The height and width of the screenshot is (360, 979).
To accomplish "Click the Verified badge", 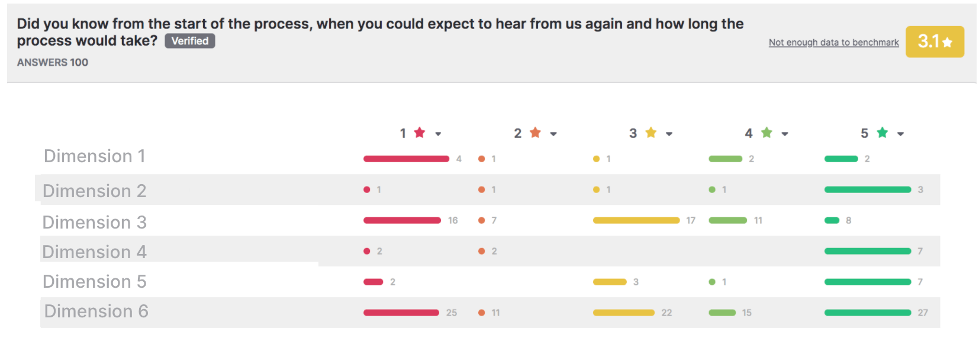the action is click(189, 41).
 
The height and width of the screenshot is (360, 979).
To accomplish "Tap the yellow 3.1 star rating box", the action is click(935, 41).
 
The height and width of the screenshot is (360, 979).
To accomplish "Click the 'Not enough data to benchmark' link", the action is click(834, 43).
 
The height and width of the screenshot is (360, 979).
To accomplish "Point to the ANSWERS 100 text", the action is click(53, 63).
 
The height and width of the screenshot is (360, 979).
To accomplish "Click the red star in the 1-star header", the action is click(420, 132).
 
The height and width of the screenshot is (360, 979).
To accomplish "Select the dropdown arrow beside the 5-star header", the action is click(900, 134).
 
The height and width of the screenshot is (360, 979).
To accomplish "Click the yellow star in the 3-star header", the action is click(650, 132).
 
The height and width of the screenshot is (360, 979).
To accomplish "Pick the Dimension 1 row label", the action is click(94, 156).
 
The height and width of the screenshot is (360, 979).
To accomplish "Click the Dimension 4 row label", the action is click(94, 252).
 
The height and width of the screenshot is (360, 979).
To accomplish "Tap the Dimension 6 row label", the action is click(96, 311).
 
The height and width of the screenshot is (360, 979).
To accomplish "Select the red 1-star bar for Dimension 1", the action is click(407, 159).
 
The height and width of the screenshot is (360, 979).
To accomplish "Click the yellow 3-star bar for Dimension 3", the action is click(636, 220).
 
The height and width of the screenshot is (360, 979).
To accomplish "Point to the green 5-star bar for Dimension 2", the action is click(868, 189).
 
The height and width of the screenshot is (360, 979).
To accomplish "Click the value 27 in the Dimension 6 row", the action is click(923, 313).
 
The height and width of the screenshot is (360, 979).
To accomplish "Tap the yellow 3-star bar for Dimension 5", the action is click(610, 282).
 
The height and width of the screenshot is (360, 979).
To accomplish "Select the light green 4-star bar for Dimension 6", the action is click(722, 313).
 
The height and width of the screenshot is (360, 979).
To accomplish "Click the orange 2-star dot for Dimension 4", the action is click(482, 251).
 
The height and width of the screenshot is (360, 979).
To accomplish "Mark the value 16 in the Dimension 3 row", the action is click(453, 220).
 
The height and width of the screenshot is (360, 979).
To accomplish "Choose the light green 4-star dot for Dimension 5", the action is click(712, 282).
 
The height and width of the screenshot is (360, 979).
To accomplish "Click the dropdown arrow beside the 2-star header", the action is click(553, 134).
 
